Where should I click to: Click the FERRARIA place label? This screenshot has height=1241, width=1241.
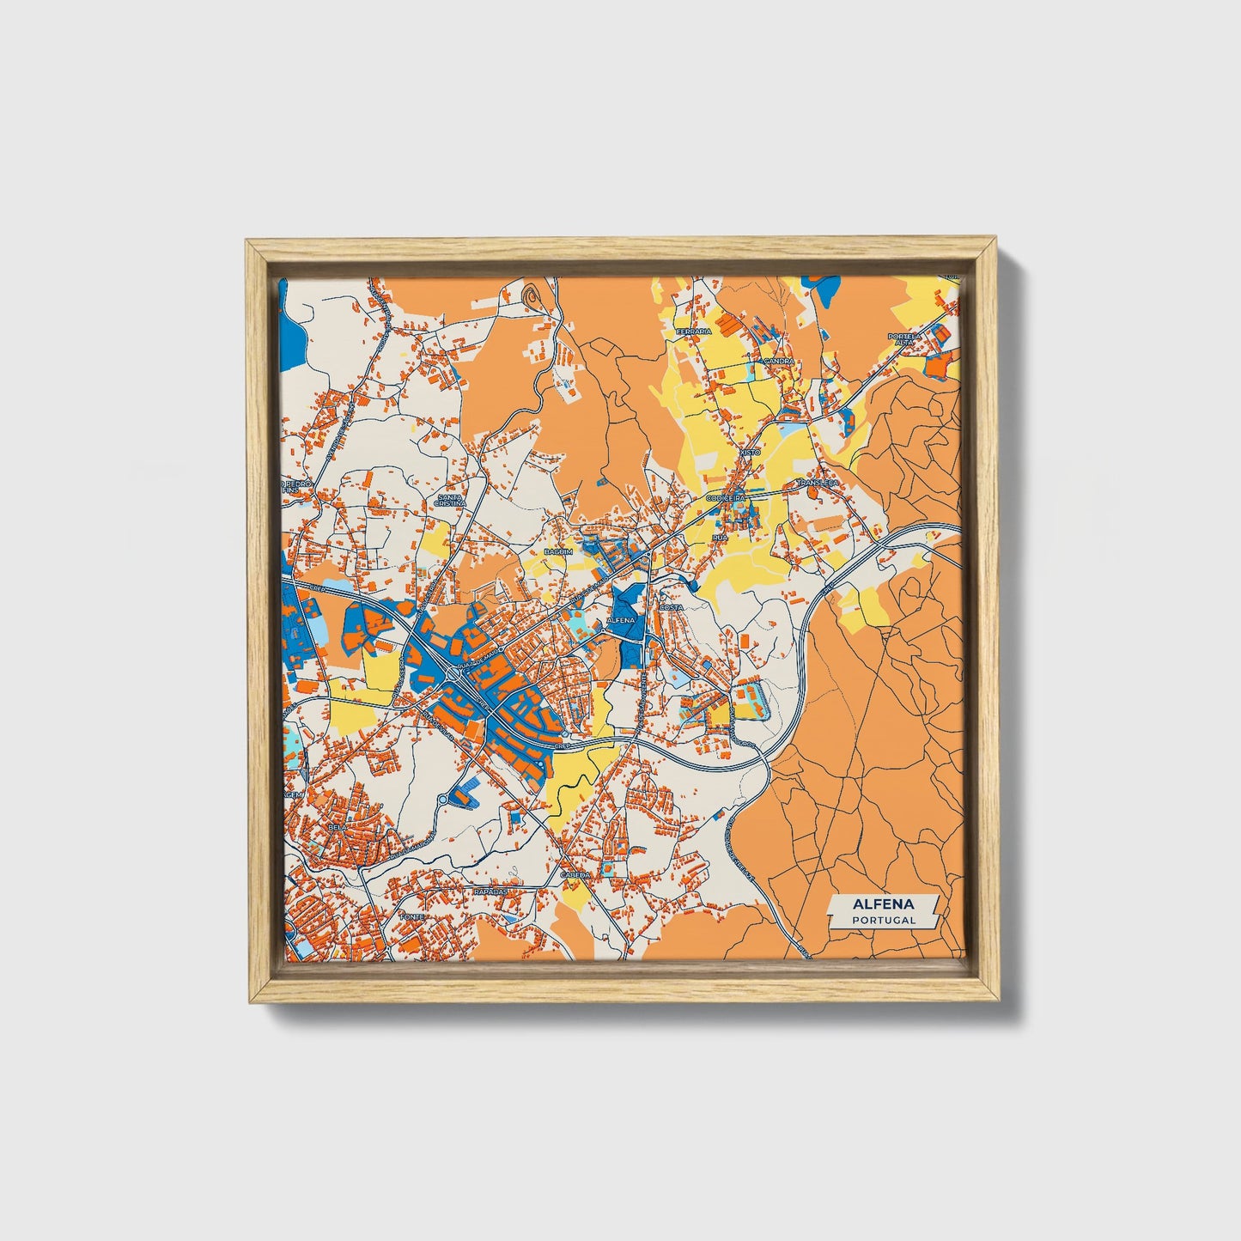694,331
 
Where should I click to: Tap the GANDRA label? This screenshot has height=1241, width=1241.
779,362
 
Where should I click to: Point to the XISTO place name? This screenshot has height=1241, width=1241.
751,452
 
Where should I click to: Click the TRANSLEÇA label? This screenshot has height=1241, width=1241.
817,484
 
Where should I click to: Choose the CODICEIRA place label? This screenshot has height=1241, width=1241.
726,497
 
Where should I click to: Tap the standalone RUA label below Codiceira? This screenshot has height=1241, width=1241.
720,537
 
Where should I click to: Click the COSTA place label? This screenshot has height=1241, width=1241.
670,607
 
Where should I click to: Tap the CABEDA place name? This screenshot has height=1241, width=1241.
575,874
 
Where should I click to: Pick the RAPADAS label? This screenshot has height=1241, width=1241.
491,891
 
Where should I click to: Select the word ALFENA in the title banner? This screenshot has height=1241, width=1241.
884,904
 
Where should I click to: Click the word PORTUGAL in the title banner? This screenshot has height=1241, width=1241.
884,920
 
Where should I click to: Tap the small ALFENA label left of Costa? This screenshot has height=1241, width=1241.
619,619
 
